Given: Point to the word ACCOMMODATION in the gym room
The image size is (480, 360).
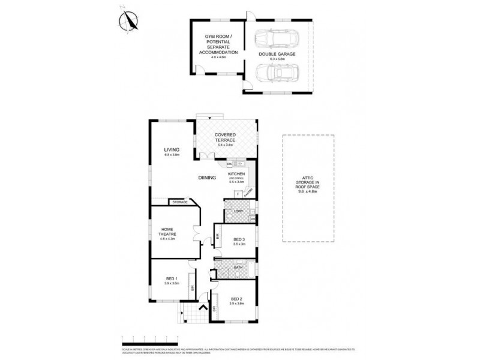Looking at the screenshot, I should click(218, 52).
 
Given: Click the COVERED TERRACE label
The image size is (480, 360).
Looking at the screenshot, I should click(225, 137).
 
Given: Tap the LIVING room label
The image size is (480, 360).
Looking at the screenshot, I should click(173, 150).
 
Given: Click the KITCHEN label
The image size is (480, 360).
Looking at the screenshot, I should click(236, 173).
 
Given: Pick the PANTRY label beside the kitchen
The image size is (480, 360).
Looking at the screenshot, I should click(248, 193).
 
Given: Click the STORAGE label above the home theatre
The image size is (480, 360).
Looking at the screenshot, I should click(180, 202).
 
